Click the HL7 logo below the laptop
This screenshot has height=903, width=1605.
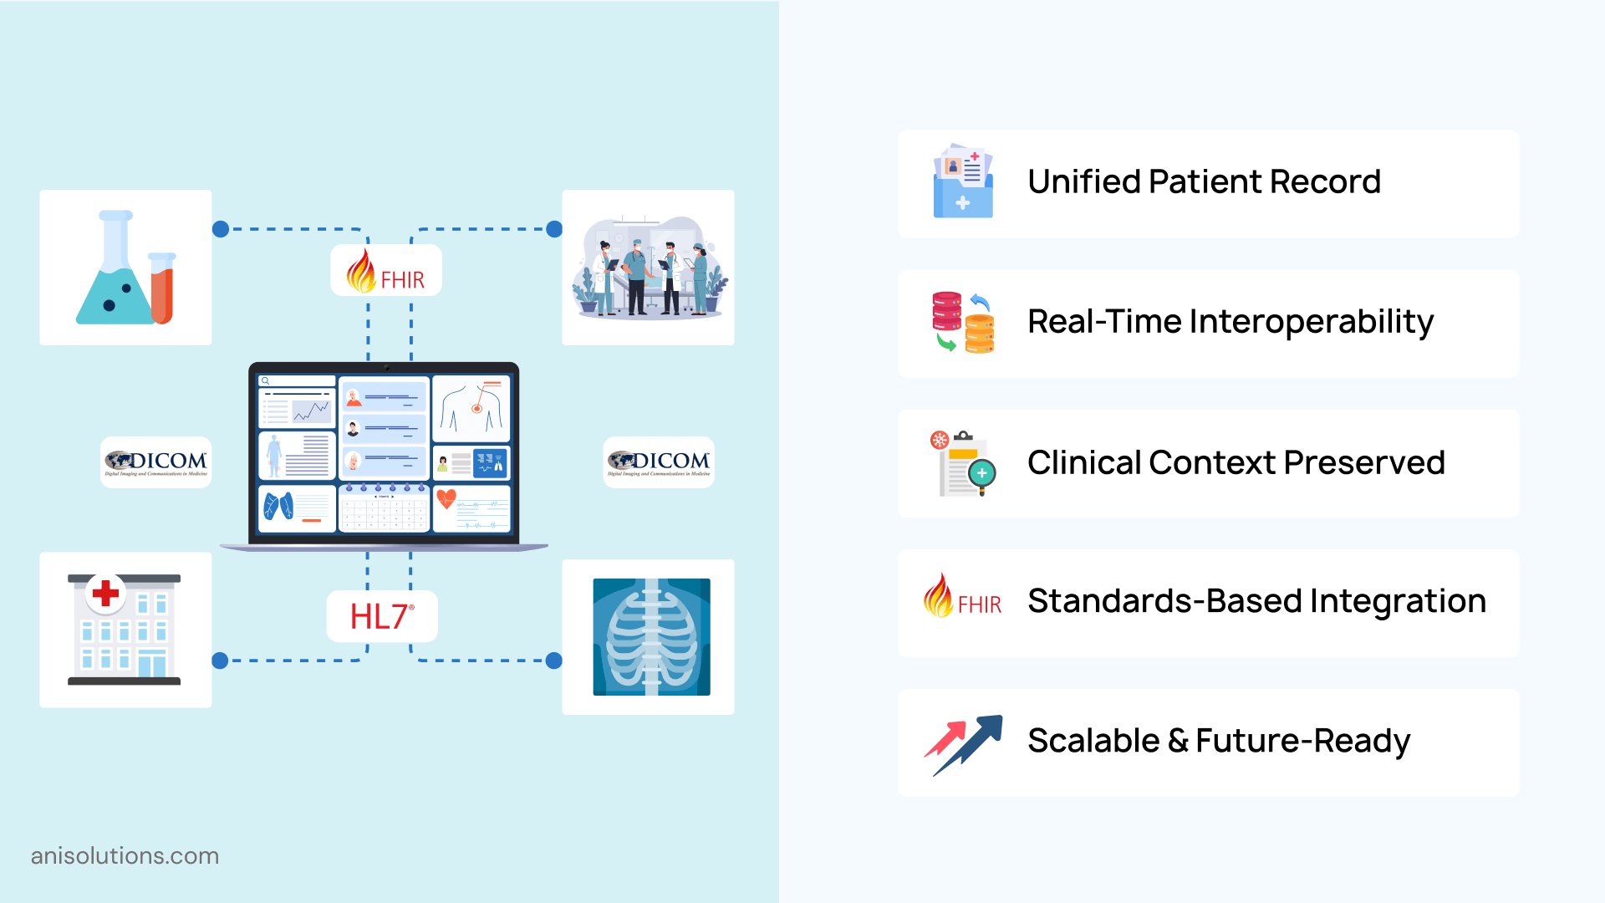tap(381, 617)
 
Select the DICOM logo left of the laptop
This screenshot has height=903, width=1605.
tap(156, 462)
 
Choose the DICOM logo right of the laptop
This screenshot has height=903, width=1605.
tap(659, 462)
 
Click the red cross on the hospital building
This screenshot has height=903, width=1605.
tap(105, 593)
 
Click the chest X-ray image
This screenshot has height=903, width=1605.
tap(651, 636)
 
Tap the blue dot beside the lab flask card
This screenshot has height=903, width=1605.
tap(221, 229)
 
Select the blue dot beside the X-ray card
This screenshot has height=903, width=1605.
tap(553, 661)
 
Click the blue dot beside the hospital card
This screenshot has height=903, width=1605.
tap(221, 661)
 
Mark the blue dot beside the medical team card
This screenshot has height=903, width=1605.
tap(553, 229)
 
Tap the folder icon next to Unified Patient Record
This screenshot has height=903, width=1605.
tap(963, 181)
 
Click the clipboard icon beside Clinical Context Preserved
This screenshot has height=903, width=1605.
tap(963, 463)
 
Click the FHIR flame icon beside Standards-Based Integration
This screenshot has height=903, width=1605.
tap(939, 596)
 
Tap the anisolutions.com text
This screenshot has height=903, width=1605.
tap(125, 856)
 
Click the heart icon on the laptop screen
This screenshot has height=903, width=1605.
tap(446, 498)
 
